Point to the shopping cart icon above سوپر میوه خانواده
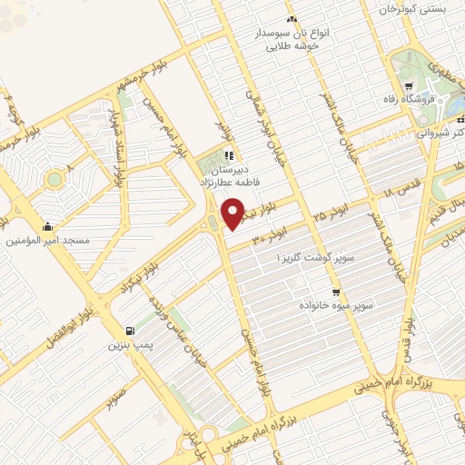(336, 292)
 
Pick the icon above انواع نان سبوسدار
(291, 20)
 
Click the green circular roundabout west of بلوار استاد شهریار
(55, 179)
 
